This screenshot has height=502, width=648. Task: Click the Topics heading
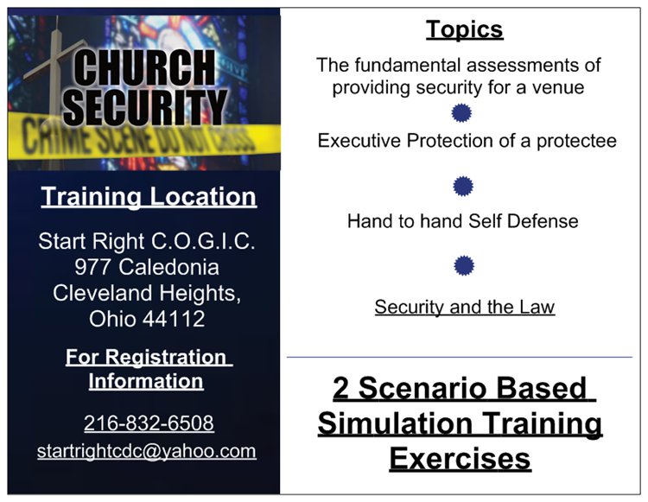tap(465, 29)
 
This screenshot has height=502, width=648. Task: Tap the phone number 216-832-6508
tap(149, 423)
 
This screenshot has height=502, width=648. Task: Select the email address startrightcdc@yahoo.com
tap(146, 451)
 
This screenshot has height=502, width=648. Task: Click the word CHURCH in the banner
tap(144, 67)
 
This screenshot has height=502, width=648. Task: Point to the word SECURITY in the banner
tap(145, 107)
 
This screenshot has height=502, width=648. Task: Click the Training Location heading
tap(149, 196)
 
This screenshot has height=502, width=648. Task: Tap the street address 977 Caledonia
tap(147, 267)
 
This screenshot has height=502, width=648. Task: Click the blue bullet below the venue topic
tap(461, 113)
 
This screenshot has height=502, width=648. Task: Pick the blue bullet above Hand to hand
tap(463, 186)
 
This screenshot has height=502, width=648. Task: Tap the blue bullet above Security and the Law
tap(464, 265)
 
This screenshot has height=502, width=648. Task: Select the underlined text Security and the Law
tap(465, 307)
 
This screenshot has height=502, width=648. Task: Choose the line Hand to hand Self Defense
tap(463, 221)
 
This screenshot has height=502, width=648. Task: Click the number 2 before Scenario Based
tap(341, 388)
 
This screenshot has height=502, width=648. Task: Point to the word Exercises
tap(460, 459)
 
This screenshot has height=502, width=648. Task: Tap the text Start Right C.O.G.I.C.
tap(147, 241)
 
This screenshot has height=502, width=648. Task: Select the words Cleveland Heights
tap(147, 293)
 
